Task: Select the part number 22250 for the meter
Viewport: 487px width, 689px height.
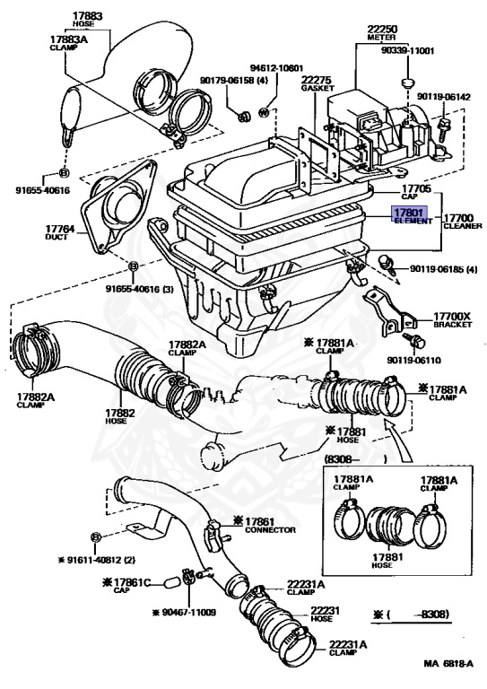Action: [382, 30]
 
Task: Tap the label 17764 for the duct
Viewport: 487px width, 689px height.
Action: [60, 229]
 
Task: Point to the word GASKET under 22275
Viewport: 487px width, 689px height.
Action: [317, 88]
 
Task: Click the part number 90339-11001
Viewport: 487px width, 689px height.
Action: [407, 50]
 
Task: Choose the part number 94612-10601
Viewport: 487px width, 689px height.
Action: [276, 68]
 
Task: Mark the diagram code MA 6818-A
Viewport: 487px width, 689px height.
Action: [448, 664]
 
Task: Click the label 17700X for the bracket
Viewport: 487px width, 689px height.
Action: [452, 317]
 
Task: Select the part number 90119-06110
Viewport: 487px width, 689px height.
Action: [413, 361]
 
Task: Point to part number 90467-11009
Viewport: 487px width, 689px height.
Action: [188, 612]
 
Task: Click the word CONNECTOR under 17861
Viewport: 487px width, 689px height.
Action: [270, 530]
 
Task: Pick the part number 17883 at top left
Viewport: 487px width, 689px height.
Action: [87, 16]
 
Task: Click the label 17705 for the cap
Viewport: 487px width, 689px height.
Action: [416, 189]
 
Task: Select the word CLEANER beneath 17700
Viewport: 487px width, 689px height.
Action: [463, 226]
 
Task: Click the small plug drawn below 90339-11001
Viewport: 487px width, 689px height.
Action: [408, 83]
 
